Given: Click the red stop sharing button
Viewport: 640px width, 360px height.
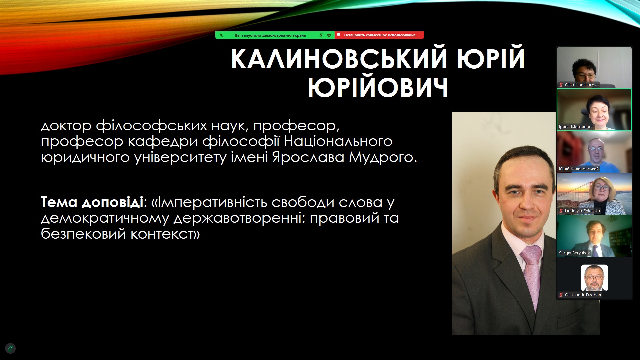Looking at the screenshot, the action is [x=379, y=35].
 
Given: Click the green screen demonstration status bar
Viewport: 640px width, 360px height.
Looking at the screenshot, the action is [x=275, y=35].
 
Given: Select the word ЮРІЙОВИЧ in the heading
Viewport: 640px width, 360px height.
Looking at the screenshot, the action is [x=378, y=87].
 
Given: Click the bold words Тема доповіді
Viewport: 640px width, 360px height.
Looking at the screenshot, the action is [x=92, y=202].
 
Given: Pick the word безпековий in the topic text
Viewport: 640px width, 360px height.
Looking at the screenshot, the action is [x=83, y=234].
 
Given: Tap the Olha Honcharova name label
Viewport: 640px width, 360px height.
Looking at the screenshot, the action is [x=582, y=85].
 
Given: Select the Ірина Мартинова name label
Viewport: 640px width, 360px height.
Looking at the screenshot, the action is [x=576, y=127].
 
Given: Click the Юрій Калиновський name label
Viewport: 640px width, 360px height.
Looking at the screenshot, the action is [x=579, y=169].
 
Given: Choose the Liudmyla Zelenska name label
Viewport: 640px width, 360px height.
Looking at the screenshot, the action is [x=582, y=211].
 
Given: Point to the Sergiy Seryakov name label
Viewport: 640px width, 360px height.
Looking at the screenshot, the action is [x=574, y=253].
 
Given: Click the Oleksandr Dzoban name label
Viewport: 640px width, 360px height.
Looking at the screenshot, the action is [x=583, y=295].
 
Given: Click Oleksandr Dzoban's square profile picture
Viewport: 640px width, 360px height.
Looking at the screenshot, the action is [x=594, y=278].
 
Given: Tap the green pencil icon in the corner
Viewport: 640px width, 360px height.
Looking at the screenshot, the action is [x=10, y=348].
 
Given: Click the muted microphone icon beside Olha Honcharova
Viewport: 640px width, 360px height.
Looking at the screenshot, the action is [x=561, y=85].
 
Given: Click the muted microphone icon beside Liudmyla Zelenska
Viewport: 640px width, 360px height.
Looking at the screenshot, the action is [x=561, y=211].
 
